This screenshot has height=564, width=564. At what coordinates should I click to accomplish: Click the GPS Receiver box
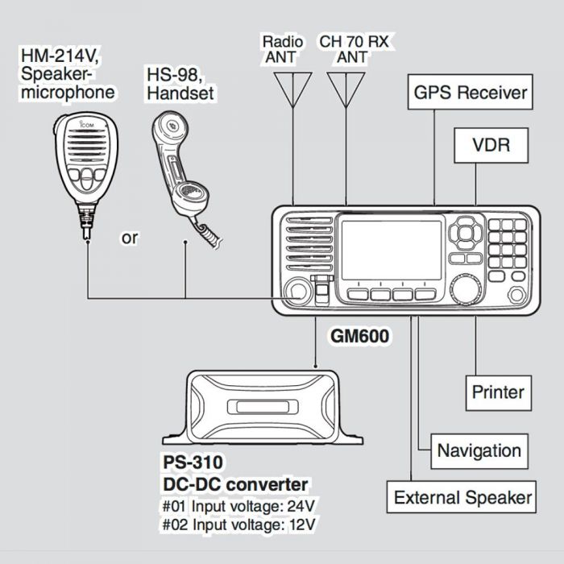tap(471, 92)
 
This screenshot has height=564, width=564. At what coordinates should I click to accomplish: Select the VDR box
tap(490, 146)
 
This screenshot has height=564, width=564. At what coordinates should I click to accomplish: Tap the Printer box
tap(498, 392)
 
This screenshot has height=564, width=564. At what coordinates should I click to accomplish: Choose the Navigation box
tap(479, 450)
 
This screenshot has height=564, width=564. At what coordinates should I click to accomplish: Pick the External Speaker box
tap(462, 497)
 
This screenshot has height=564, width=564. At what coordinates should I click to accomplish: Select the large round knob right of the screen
tap(466, 289)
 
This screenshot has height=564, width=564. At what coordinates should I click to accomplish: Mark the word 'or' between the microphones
tap(130, 238)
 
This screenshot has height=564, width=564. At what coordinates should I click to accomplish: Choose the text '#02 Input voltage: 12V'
tap(239, 524)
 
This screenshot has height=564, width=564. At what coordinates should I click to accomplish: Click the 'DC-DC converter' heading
tap(234, 484)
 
